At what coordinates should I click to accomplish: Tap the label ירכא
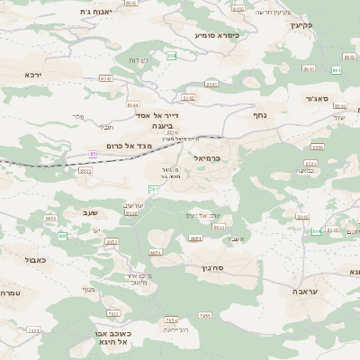click(32, 75)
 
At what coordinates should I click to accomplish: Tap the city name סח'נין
click(222, 268)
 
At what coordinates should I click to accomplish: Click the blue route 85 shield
click(94, 154)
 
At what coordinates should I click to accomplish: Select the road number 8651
click(49, 218)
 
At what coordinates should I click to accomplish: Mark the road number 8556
click(238, 8)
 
